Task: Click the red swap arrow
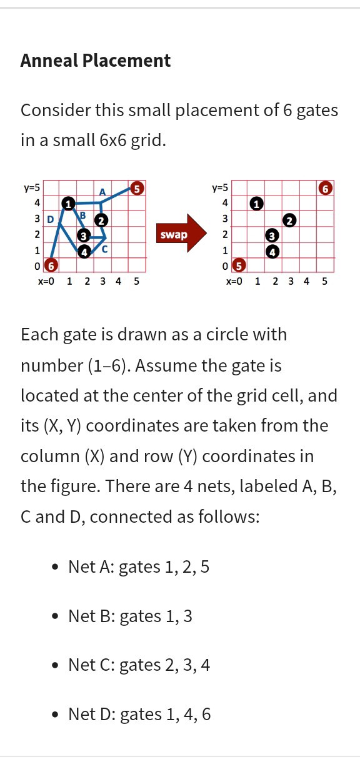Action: coord(181,234)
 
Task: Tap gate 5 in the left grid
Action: coord(137,189)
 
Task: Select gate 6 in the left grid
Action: coord(51,265)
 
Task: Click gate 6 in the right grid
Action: coord(325,189)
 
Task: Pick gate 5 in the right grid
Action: coord(239,265)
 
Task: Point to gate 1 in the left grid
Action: coord(68,204)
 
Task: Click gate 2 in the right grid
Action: coord(289,220)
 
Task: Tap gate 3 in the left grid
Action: coord(84,236)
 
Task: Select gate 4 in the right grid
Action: coord(272,252)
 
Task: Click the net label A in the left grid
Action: coord(102,192)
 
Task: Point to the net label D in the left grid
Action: coord(51,219)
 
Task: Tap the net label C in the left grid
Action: coord(105,249)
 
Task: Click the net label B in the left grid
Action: coord(82,215)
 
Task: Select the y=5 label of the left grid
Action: coord(32,188)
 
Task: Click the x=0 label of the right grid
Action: coord(234,281)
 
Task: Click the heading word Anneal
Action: coord(49,61)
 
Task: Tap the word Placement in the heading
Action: coord(126,61)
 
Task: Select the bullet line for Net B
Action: coord(131,616)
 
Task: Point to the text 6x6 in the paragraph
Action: coord(113,141)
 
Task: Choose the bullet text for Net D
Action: coord(139,714)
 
